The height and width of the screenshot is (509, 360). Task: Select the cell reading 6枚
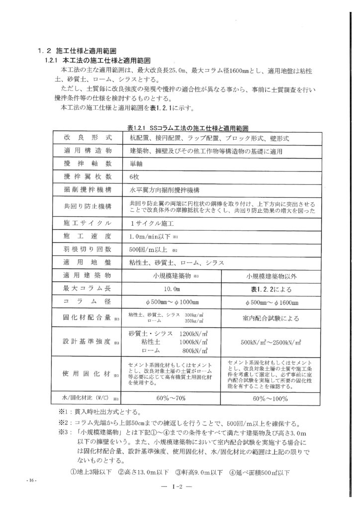click(134, 176)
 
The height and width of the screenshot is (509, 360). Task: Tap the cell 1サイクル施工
click(149, 223)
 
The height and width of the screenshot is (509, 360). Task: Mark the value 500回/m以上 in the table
click(147, 250)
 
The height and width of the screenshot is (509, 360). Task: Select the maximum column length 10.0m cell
click(173, 288)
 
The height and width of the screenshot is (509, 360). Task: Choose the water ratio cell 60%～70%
click(173, 398)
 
